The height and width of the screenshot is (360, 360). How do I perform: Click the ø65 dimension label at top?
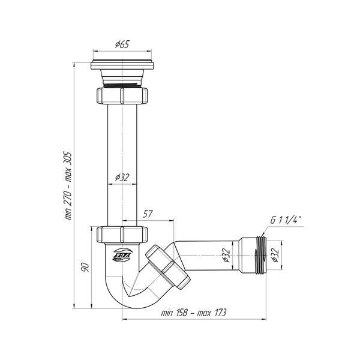(122, 44)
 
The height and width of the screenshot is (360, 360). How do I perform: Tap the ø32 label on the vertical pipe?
(122, 177)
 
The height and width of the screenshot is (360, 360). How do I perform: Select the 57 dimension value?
(148, 214)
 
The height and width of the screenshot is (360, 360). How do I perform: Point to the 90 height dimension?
(85, 268)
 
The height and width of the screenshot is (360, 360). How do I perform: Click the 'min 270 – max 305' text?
(68, 186)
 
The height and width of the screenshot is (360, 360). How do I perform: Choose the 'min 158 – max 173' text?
(194, 313)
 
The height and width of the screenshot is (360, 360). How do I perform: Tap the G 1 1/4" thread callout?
(286, 220)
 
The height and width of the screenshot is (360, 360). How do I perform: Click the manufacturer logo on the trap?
(122, 255)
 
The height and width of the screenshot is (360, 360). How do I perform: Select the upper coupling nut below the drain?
(122, 95)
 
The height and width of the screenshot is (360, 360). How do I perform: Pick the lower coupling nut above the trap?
(122, 235)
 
